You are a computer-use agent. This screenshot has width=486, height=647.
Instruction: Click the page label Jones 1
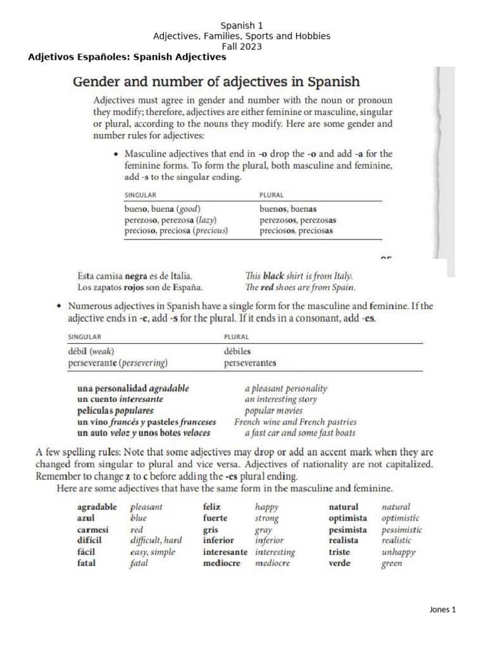pyautogui.click(x=442, y=610)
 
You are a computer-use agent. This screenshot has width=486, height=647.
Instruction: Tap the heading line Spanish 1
pyautogui.click(x=241, y=26)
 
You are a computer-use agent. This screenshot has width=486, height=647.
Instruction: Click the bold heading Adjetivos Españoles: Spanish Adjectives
pyautogui.click(x=127, y=57)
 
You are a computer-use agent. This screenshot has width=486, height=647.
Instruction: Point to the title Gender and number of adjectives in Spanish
pyautogui.click(x=216, y=82)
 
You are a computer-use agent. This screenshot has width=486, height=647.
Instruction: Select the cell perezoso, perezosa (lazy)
pyautogui.click(x=170, y=219)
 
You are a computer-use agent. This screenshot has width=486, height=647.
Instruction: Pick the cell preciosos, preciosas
pyautogui.click(x=296, y=231)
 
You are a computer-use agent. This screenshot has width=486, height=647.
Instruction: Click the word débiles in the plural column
pyautogui.click(x=237, y=351)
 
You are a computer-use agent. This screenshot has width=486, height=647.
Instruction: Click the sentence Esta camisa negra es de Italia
pyautogui.click(x=135, y=276)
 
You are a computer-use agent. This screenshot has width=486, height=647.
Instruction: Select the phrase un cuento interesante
pyautogui.click(x=120, y=399)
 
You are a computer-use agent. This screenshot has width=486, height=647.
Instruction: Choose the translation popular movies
pyautogui.click(x=273, y=411)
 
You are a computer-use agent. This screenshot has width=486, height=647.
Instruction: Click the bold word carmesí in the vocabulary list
pyautogui.click(x=93, y=529)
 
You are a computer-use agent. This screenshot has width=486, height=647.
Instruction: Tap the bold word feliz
pyautogui.click(x=211, y=507)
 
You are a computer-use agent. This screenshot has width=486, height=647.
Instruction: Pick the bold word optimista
pyautogui.click(x=347, y=518)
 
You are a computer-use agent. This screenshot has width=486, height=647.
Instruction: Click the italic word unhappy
pyautogui.click(x=399, y=552)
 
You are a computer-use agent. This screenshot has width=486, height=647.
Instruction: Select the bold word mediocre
pyautogui.click(x=221, y=564)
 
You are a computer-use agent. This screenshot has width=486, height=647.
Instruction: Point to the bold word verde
pyautogui.click(x=340, y=564)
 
